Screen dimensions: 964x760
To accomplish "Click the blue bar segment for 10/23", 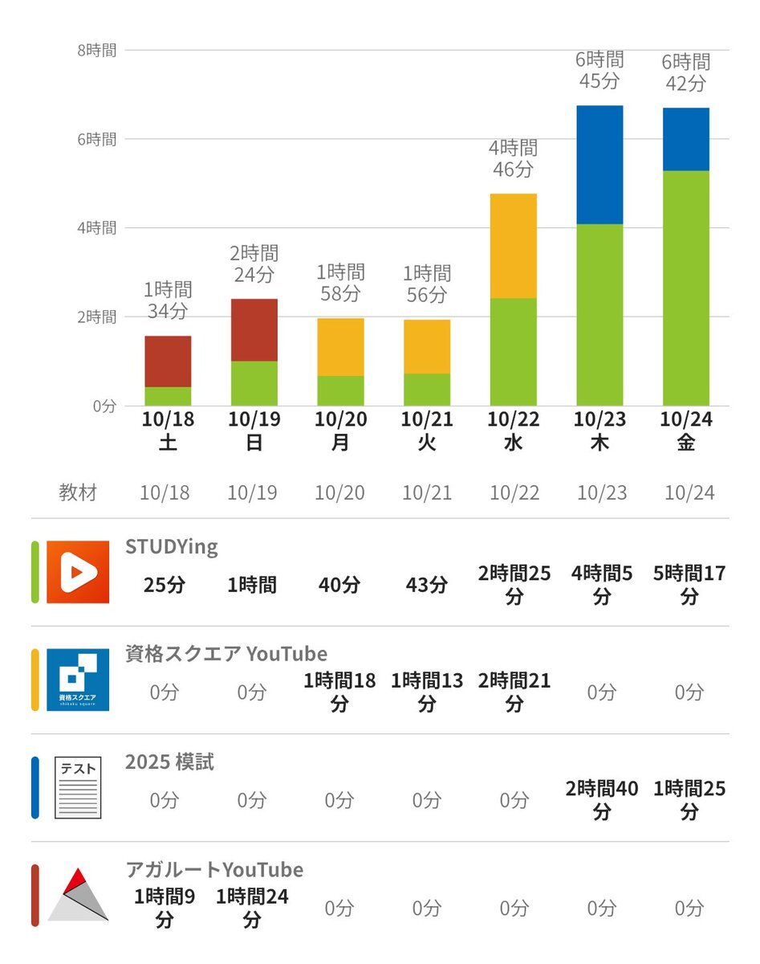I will [599, 165].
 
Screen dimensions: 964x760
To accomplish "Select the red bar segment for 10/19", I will [254, 330].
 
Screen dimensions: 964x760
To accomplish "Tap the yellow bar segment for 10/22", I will [513, 246].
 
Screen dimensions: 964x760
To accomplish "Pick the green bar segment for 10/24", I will [686, 288].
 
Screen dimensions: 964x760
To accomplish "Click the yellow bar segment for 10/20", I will [340, 347].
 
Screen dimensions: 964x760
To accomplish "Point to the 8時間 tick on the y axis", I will [97, 50].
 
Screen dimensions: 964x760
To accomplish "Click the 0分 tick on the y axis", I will [104, 406].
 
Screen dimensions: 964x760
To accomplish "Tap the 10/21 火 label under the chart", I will [426, 431].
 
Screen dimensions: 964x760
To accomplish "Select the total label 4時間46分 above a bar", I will [513, 158].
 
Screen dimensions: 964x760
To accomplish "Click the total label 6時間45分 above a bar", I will [599, 70].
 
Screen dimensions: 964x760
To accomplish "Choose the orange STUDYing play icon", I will [78, 572].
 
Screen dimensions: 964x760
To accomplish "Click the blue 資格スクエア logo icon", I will [78, 680].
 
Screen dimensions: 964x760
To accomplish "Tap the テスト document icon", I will [78, 788].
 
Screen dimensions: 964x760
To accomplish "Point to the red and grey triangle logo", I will [78, 895].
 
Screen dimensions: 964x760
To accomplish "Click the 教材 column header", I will [78, 492].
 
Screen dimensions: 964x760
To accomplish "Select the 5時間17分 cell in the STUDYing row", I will [689, 585].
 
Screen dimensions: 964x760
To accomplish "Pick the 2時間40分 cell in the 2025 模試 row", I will [602, 800].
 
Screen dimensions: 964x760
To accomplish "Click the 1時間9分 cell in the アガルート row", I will [165, 908].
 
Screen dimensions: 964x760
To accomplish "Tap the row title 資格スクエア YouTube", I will [226, 654].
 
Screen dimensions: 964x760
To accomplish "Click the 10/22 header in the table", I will [514, 492].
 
